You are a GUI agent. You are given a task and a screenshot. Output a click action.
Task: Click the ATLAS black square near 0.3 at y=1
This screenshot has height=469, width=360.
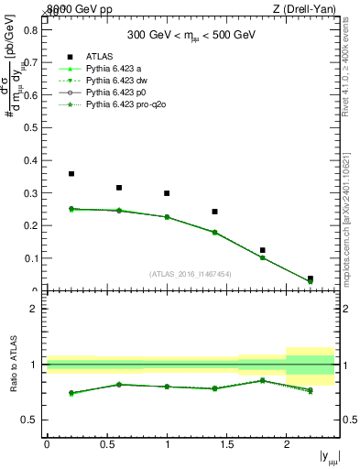coord(167,193)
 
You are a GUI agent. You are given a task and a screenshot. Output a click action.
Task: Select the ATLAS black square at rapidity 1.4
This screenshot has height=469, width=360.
coord(214,212)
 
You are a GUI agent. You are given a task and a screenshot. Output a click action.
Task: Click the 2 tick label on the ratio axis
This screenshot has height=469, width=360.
coord(34,309)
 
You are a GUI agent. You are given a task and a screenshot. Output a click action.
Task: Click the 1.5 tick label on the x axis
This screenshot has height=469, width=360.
coord(226,443)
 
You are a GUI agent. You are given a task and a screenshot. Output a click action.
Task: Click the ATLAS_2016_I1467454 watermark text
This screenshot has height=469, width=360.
coord(190,273)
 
